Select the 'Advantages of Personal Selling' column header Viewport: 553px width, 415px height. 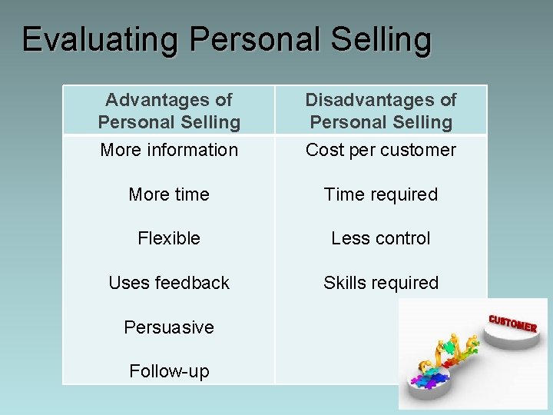pyautogui.click(x=169, y=111)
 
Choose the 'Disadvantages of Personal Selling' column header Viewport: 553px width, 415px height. pyautogui.click(x=381, y=111)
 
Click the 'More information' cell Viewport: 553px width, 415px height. pyautogui.click(x=169, y=150)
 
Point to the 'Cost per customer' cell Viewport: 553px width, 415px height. pyautogui.click(x=381, y=150)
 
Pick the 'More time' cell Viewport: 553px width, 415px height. pyautogui.click(x=169, y=194)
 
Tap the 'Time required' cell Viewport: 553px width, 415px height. pyautogui.click(x=381, y=194)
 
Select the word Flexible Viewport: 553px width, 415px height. pyautogui.click(x=169, y=238)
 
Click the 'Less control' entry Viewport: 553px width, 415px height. pyautogui.click(x=381, y=238)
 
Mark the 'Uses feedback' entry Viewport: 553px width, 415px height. pyautogui.click(x=169, y=283)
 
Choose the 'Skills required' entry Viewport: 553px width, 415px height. pyautogui.click(x=381, y=283)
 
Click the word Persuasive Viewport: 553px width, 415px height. pyautogui.click(x=169, y=327)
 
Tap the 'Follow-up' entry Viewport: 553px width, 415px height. pyautogui.click(x=169, y=371)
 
